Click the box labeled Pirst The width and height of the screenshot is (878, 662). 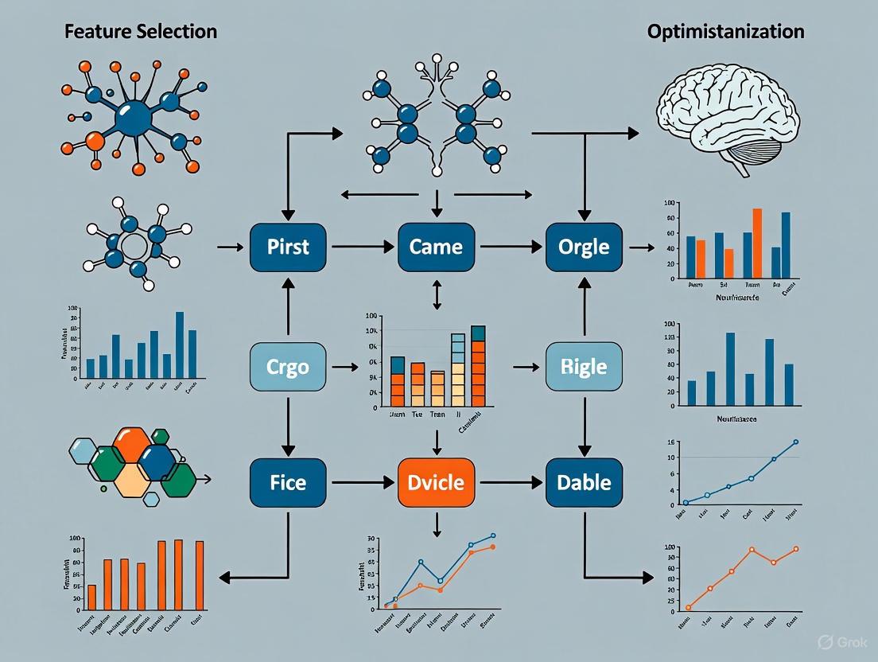click(288, 247)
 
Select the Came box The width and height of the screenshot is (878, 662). click(436, 247)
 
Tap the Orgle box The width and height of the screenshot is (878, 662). click(584, 247)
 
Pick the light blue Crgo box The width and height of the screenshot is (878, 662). click(288, 367)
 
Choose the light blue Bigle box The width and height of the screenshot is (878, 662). click(584, 367)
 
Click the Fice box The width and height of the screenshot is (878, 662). click(288, 483)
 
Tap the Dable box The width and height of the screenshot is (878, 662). click(584, 483)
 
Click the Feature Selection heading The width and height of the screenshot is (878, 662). click(142, 32)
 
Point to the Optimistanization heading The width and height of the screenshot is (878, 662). click(725, 32)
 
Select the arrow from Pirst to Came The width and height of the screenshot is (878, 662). click(362, 247)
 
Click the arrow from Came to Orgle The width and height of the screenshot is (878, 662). click(511, 247)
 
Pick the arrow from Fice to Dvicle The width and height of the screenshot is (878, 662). click(362, 483)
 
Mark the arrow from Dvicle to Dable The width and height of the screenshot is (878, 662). click(511, 483)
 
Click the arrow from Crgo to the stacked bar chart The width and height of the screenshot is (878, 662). click(344, 367)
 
